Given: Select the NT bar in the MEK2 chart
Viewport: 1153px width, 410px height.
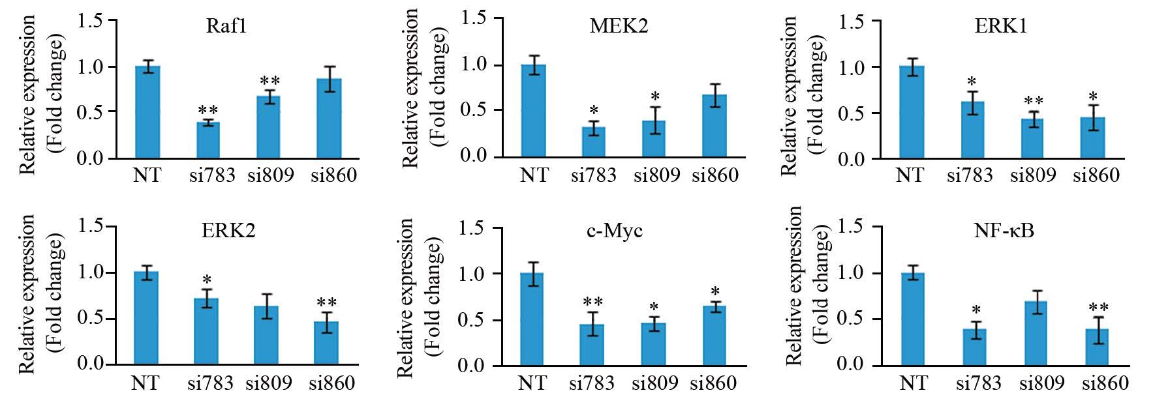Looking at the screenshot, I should click(x=534, y=111).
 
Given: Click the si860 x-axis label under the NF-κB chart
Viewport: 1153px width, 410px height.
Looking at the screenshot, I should click(x=1105, y=383).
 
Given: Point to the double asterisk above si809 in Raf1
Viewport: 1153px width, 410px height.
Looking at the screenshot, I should click(x=269, y=82).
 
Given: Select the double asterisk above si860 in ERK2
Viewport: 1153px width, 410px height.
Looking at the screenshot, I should click(x=326, y=304).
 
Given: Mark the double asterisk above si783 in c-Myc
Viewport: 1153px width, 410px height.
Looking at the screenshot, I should click(x=592, y=302).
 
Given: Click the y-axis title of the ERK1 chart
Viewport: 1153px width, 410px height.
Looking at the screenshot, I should click(x=802, y=96).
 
